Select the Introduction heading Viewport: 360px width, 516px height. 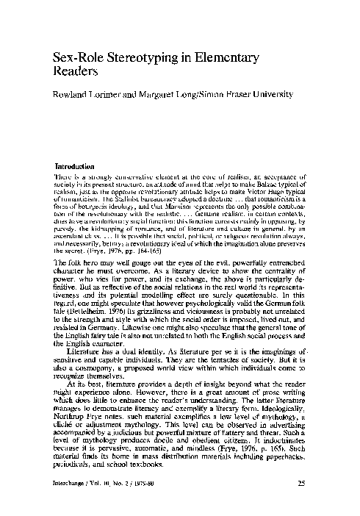click(80, 166)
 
